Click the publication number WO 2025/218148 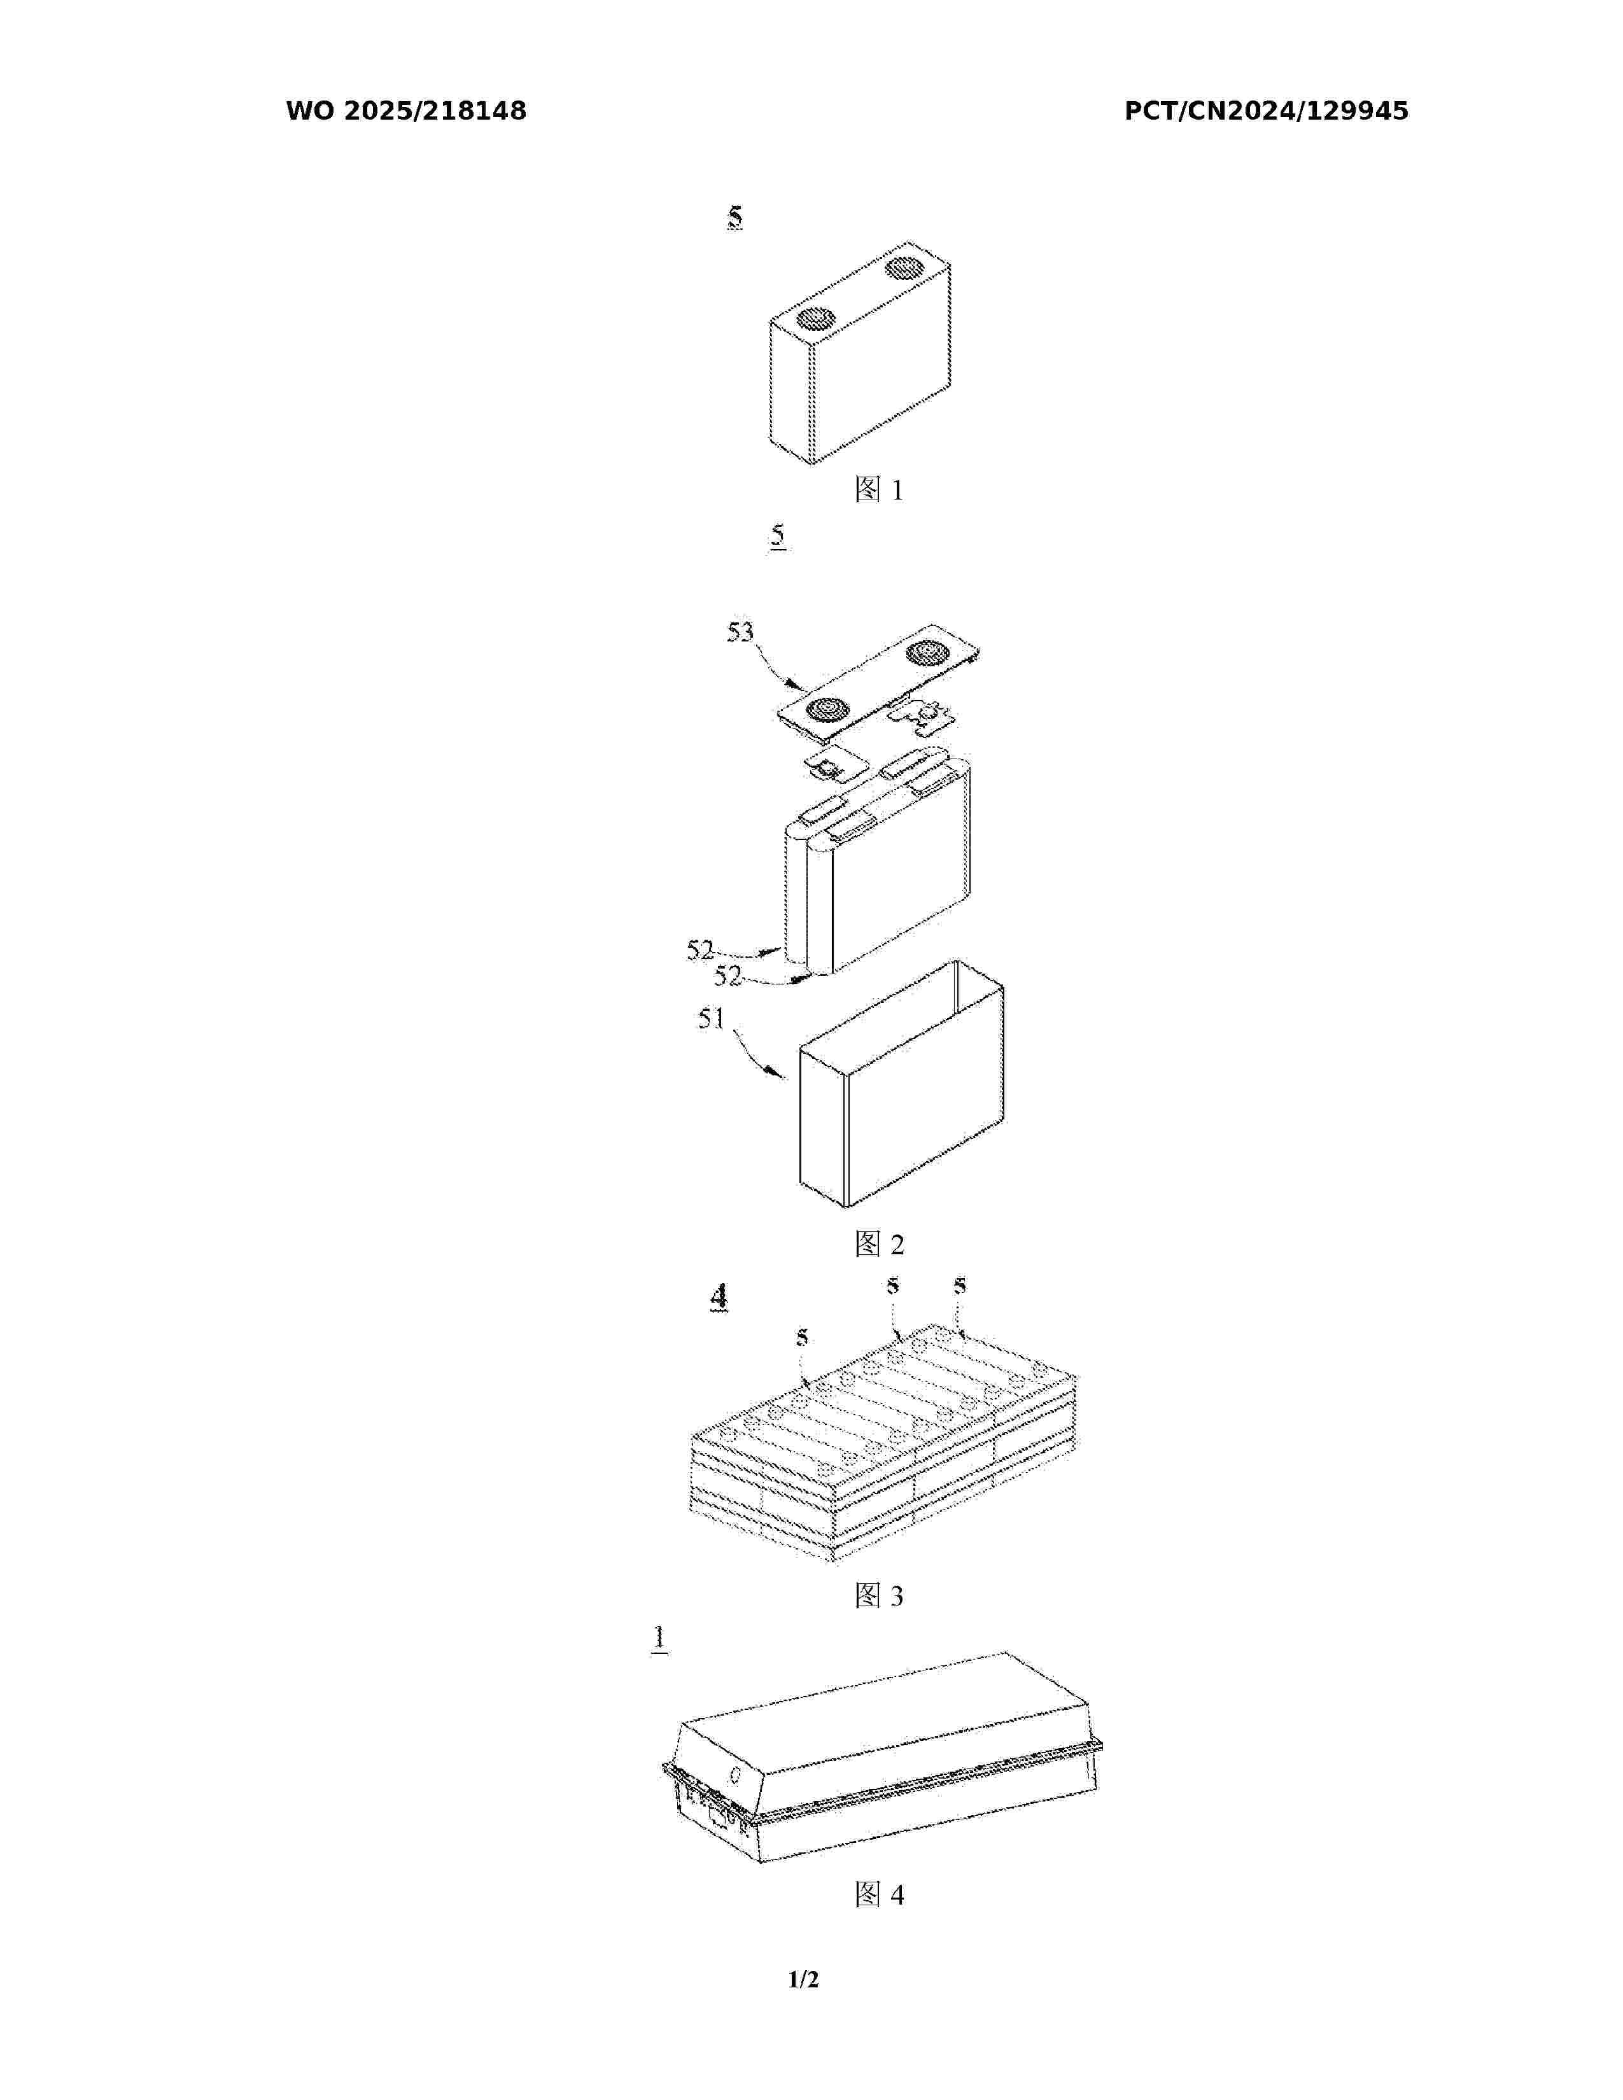pos(406,111)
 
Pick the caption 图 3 pos(879,1596)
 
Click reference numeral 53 pos(740,633)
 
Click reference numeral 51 pos(712,1018)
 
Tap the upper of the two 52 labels pos(700,950)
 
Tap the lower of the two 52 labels pos(728,976)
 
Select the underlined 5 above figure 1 pos(734,217)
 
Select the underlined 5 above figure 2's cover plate pos(778,535)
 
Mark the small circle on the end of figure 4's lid pos(736,1774)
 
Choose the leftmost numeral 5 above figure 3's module pos(802,1338)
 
